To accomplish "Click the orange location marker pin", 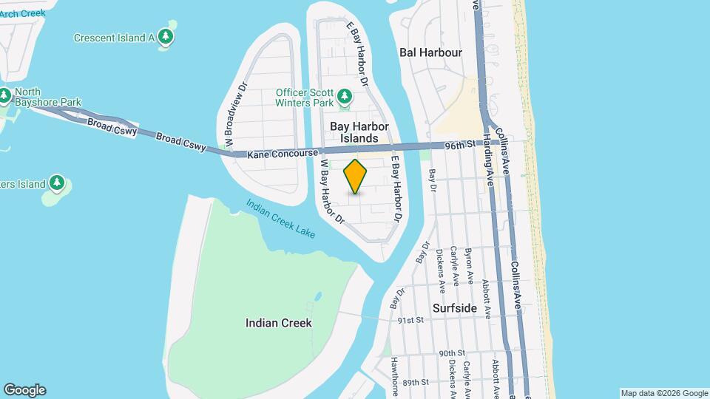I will pyautogui.click(x=356, y=177).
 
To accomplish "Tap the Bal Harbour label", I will pyautogui.click(x=430, y=52).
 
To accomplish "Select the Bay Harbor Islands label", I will pyautogui.click(x=359, y=132).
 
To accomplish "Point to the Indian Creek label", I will pyautogui.click(x=279, y=323).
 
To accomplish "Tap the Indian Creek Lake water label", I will pyautogui.click(x=280, y=219).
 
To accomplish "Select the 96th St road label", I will pyautogui.click(x=459, y=146).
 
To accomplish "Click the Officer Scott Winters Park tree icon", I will pyautogui.click(x=344, y=96).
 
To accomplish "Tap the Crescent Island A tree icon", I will pyautogui.click(x=167, y=37).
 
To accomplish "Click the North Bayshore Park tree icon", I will pyautogui.click(x=5, y=95).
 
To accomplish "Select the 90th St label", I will pyautogui.click(x=450, y=354).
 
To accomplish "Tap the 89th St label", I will pyautogui.click(x=416, y=381).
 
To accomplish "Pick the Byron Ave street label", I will pyautogui.click(x=469, y=267).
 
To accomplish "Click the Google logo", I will pyautogui.click(x=24, y=390).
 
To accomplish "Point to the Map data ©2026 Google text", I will pyautogui.click(x=664, y=393).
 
